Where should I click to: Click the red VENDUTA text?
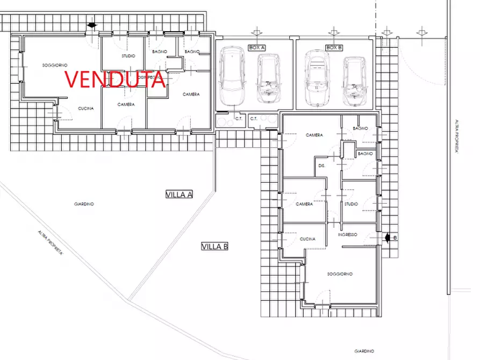[114, 78]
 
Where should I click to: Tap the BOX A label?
[256, 48]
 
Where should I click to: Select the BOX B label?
[334, 48]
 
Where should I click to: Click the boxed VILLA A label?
[179, 195]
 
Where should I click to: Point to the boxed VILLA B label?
[215, 247]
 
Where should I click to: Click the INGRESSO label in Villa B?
[348, 235]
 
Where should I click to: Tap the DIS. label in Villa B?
[323, 165]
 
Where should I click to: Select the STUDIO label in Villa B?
[351, 204]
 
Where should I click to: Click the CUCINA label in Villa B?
[307, 239]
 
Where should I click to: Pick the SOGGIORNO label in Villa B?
[340, 274]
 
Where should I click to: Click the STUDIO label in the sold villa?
[128, 56]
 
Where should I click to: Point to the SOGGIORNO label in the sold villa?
[55, 65]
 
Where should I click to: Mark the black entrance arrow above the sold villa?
[92, 25]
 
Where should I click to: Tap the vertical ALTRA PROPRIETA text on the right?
[455, 136]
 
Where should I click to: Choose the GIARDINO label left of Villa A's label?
[84, 204]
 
